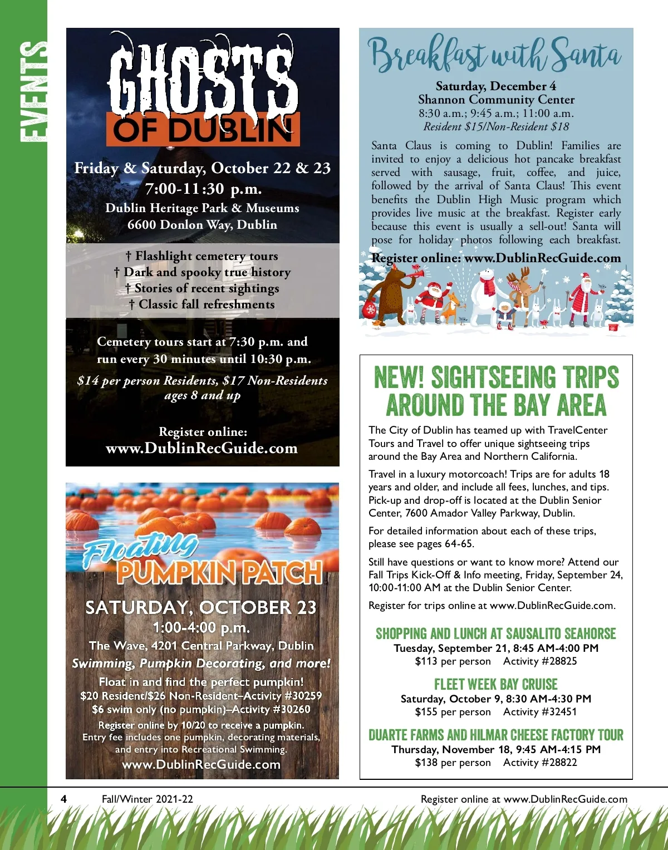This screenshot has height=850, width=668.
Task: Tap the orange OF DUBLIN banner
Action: click(203, 130)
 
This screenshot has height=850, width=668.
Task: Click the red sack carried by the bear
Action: click(370, 309)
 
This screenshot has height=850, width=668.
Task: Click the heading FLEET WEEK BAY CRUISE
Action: click(495, 684)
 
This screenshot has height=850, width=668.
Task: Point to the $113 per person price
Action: click(453, 661)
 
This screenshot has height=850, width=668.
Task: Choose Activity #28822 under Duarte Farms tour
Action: click(540, 763)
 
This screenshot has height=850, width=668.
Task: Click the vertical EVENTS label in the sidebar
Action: click(32, 92)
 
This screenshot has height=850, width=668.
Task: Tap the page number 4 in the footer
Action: click(64, 799)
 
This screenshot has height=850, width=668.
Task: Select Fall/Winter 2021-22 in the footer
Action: click(147, 799)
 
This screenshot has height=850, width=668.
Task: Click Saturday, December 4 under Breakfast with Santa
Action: click(495, 86)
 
